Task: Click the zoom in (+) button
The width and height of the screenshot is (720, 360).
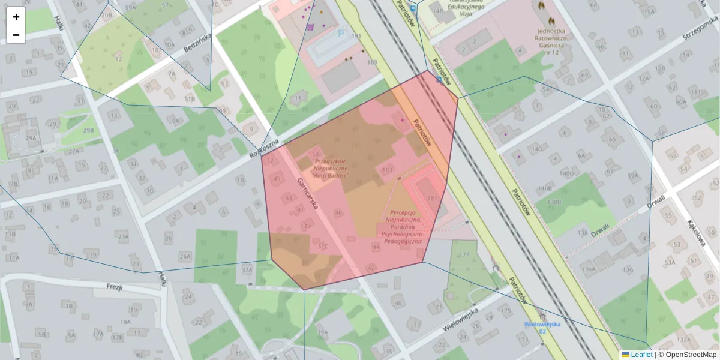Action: tap(16, 17)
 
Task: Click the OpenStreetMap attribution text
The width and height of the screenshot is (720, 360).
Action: tap(691, 355)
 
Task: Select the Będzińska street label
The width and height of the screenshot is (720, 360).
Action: tap(198, 43)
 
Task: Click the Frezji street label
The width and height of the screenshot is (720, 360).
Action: tap(114, 287)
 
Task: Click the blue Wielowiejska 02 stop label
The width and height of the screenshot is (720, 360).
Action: tap(542, 328)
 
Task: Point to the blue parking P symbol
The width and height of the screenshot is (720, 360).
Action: tap(341, 34)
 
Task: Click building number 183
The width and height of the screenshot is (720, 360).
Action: tap(387, 170)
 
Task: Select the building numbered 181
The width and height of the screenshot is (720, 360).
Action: tap(431, 198)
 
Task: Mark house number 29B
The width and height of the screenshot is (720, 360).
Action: tap(88, 130)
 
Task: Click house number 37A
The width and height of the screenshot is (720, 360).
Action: tap(247, 270)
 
